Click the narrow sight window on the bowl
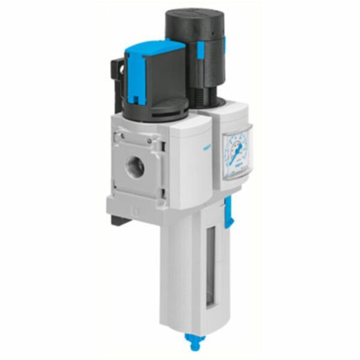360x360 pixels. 211,264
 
